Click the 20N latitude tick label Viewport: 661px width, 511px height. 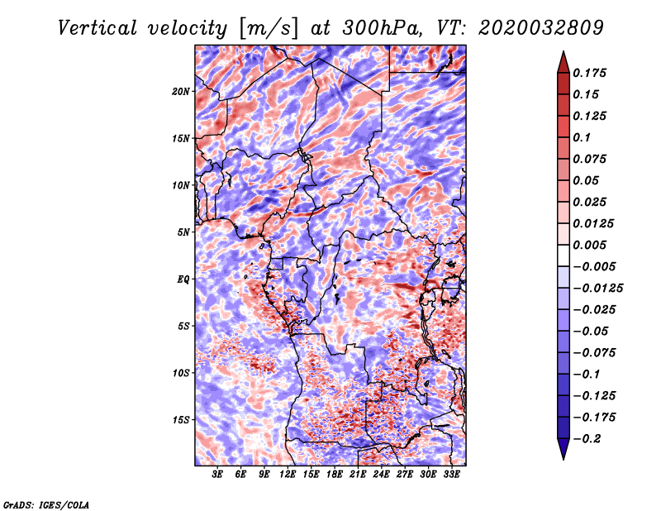181,92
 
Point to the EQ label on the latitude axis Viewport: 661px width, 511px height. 183,279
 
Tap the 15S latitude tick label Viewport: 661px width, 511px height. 181,420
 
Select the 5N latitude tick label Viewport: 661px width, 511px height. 183,232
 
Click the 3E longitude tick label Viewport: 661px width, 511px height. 217,475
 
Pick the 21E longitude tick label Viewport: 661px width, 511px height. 358,475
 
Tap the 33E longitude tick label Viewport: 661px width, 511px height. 451,475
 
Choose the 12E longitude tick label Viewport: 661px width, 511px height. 287,475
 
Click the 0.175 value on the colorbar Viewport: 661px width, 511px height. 589,73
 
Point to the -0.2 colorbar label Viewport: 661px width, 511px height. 587,439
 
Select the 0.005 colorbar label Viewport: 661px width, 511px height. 589,245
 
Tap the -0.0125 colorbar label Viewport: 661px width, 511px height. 597,289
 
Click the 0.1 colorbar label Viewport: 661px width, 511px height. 582,137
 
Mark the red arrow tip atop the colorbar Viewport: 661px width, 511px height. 564,52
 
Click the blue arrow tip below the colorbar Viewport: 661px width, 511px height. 564,459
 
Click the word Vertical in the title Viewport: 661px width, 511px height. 97,28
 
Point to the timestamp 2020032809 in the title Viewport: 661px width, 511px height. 541,28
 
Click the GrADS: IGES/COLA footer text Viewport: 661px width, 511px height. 46,504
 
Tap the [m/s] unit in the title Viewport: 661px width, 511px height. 269,29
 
